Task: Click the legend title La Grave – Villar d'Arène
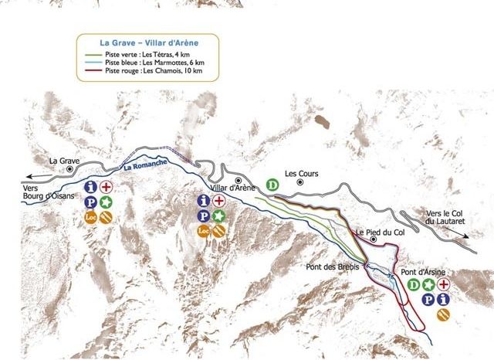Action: (x=147, y=44)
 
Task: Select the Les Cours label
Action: (x=301, y=174)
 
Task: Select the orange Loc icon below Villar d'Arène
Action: (x=204, y=230)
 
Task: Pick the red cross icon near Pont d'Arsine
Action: (x=443, y=285)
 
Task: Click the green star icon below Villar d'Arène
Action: (x=219, y=216)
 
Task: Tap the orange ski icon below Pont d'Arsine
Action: (x=443, y=314)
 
